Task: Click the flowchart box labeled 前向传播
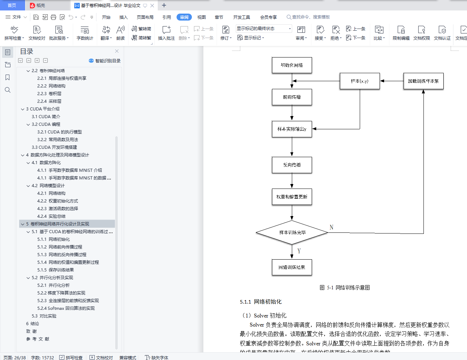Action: (x=292, y=97)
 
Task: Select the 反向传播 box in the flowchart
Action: (x=292, y=165)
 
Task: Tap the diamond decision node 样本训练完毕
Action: (x=292, y=232)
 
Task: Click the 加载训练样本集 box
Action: (x=423, y=81)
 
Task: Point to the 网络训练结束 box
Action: (x=292, y=267)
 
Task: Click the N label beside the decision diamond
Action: (x=332, y=227)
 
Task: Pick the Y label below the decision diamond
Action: (x=299, y=251)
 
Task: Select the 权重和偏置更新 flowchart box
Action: (x=292, y=197)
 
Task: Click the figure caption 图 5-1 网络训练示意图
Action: (x=345, y=288)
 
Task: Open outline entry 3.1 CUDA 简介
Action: (x=46, y=117)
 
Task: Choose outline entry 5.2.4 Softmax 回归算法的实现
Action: (x=66, y=308)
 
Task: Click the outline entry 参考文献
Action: (x=38, y=339)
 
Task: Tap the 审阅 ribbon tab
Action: (x=184, y=17)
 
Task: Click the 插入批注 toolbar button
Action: (x=166, y=33)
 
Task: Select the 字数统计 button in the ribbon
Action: (x=85, y=33)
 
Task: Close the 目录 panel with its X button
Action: (x=117, y=51)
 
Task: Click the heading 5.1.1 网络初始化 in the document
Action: (x=261, y=302)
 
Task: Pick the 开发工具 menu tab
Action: (x=242, y=17)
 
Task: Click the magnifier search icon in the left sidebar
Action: (x=8, y=90)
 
